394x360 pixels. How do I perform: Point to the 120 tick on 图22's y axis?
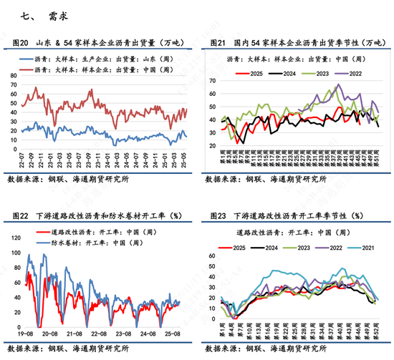click(9, 235)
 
